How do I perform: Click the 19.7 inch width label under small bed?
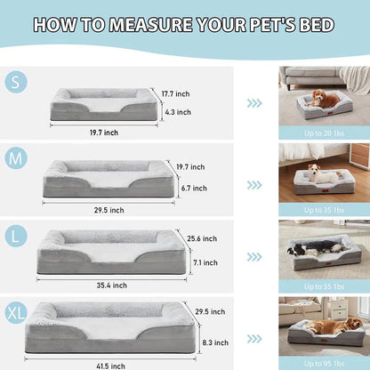(104, 133)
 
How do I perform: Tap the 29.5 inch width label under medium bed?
(109, 210)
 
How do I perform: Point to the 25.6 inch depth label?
(203, 238)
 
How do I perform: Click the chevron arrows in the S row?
(255, 102)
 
